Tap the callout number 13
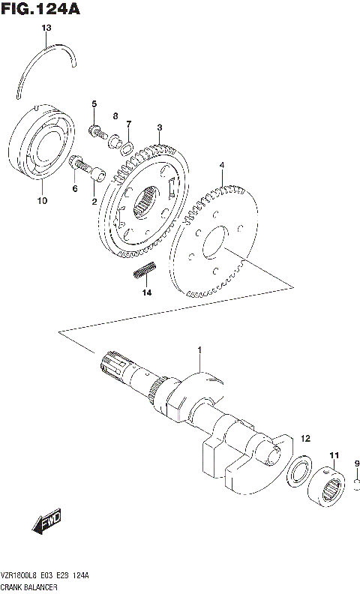46,28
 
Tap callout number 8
115,115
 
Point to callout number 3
160,128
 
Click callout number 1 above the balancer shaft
200,350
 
